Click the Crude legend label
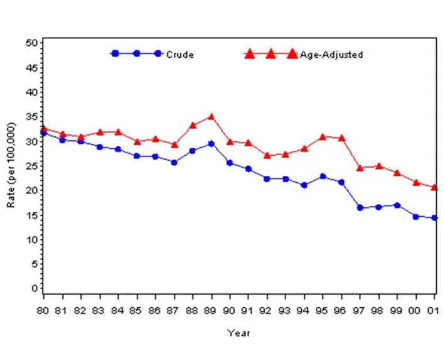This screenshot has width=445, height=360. (180, 55)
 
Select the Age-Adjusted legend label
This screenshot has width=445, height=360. (332, 55)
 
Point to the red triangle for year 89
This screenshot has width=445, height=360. (212, 117)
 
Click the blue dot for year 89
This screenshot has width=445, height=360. (212, 144)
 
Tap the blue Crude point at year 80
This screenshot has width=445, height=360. (43, 133)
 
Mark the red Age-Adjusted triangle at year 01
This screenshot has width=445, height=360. (434, 187)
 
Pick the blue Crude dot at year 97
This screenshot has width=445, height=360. (360, 208)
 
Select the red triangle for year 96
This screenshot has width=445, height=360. (342, 138)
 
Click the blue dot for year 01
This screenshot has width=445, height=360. (434, 218)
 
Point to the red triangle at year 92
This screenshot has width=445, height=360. (267, 155)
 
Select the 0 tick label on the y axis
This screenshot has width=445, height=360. (34, 288)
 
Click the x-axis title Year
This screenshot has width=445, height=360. (239, 333)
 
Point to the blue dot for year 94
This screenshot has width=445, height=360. (304, 185)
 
